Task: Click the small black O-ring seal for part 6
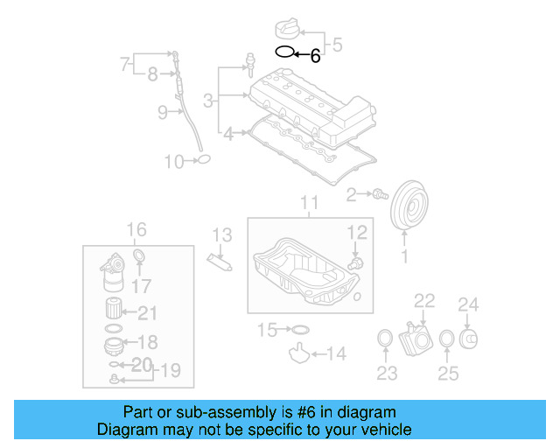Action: (x=284, y=52)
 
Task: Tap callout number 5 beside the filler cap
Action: (x=338, y=45)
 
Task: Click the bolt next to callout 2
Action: (x=380, y=194)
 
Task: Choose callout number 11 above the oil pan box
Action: (x=311, y=205)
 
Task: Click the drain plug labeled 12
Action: (x=355, y=261)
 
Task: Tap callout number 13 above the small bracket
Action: (x=222, y=234)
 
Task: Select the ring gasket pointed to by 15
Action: (x=298, y=330)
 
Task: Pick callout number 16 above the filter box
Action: (x=137, y=230)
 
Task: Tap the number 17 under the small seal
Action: (x=141, y=285)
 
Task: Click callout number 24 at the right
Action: (x=470, y=305)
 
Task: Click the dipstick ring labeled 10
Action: (x=202, y=159)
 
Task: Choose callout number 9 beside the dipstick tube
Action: (x=163, y=112)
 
